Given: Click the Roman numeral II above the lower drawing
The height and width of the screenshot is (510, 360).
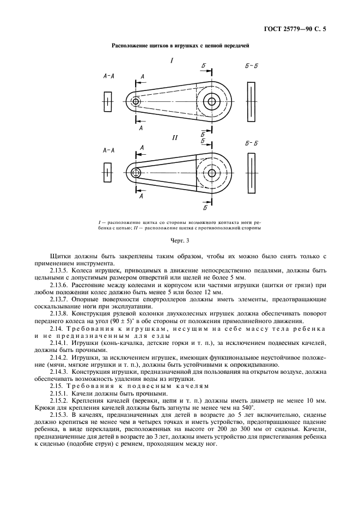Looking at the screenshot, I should click(175, 138).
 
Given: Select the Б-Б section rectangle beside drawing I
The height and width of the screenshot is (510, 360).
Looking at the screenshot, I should click(251, 102).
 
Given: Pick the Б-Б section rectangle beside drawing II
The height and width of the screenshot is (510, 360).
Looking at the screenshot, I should click(251, 173).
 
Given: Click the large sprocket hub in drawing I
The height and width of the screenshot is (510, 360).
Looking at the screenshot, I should click(211, 101).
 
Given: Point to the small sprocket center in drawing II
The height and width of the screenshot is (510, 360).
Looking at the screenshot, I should click(135, 173).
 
